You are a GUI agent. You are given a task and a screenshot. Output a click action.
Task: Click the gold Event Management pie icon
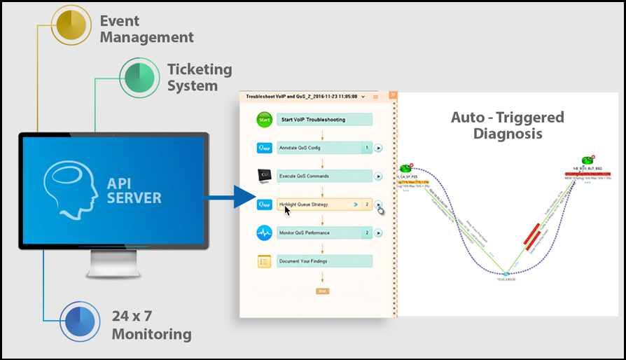[69, 25]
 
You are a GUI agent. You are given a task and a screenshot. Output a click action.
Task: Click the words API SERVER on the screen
[134, 191]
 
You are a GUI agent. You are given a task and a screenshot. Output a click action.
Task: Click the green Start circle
[264, 120]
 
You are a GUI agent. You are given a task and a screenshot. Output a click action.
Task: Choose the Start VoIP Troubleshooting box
[324, 120]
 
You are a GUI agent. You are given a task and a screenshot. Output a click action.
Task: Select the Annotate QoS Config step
[319, 148]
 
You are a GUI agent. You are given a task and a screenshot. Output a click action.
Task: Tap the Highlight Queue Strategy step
[319, 205]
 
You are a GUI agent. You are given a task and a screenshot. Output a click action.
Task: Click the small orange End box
[322, 291]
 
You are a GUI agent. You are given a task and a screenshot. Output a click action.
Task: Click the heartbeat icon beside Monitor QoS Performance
[264, 233]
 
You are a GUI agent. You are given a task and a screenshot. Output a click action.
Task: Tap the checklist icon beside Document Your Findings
[264, 261]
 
